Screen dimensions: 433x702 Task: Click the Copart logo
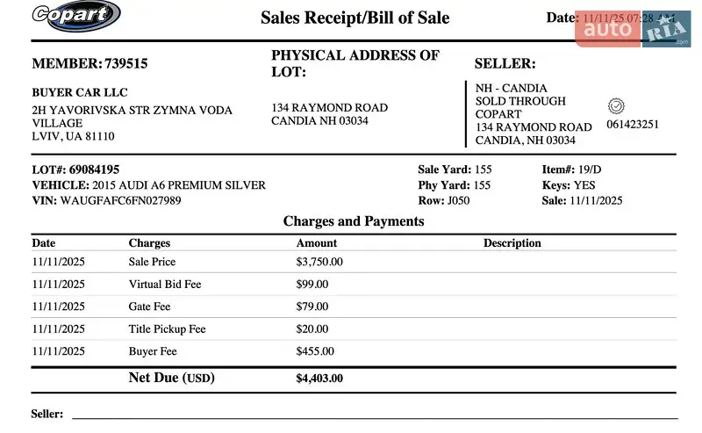pos(75,15)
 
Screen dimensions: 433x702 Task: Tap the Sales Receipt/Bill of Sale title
pos(355,18)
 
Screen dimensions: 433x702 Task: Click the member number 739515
pos(126,63)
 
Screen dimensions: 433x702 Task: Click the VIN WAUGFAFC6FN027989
pos(121,200)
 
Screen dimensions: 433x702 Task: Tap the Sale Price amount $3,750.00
pos(319,262)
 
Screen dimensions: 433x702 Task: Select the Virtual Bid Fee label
pos(165,285)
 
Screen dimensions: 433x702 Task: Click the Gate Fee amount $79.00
pos(312,307)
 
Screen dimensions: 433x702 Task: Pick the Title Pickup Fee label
pos(167,329)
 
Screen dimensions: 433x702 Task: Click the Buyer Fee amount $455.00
pos(315,351)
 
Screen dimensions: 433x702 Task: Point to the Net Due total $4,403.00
pos(319,379)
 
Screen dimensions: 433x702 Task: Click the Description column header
pos(512,243)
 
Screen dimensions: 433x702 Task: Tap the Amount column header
pos(316,243)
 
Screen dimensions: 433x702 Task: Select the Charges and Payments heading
pos(354,221)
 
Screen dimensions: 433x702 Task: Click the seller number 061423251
pos(633,125)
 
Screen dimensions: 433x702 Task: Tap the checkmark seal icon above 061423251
pos(616,105)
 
